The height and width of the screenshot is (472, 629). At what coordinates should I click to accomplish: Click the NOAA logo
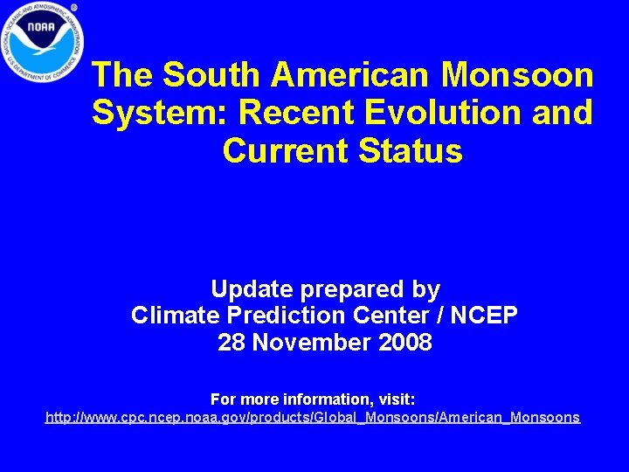[40, 41]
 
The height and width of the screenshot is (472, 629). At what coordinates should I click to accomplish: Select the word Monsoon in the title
[517, 75]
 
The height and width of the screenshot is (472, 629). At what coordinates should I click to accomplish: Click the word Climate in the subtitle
[172, 316]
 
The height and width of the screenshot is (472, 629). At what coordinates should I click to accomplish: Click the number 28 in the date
[231, 343]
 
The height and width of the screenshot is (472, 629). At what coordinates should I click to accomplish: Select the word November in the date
[313, 343]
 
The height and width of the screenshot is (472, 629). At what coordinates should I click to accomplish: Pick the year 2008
[405, 343]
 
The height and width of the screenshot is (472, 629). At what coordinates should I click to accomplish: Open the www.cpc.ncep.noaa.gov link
[313, 418]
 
